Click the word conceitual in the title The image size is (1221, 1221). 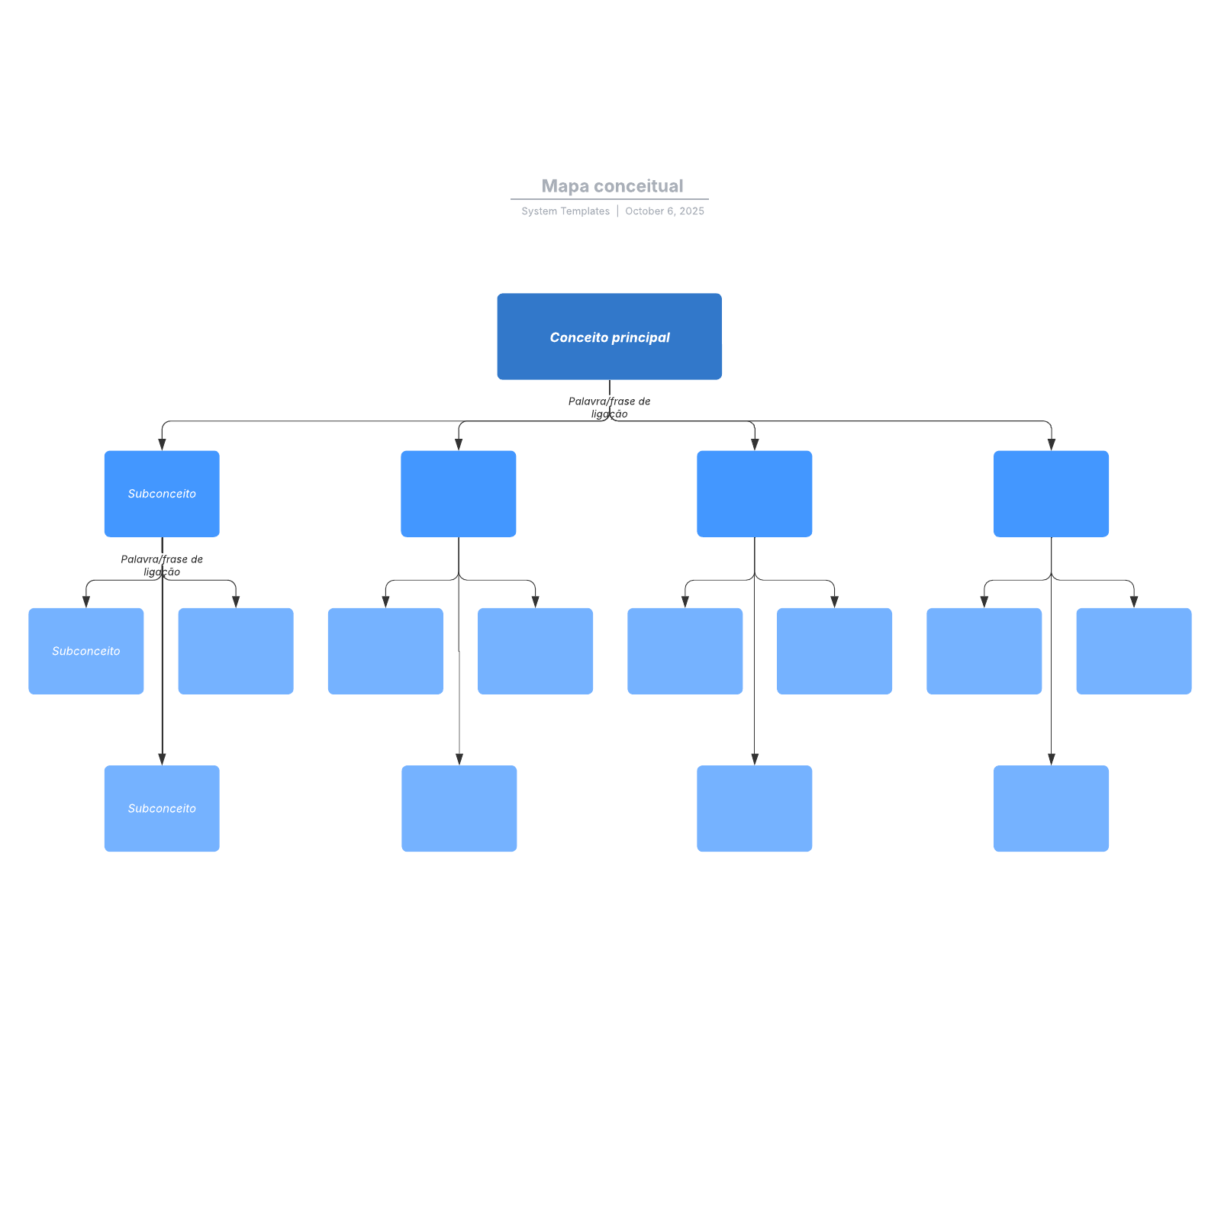coord(638,186)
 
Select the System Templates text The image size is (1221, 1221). coord(565,211)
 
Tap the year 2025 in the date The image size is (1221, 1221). coord(692,211)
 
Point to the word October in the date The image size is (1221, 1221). coord(644,211)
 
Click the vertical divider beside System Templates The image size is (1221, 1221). coord(617,211)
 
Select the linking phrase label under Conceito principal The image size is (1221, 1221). coord(609,408)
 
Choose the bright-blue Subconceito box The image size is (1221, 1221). coord(162,494)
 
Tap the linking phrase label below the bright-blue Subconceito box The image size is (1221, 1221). coord(162,565)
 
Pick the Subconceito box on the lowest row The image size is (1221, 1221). coord(162,808)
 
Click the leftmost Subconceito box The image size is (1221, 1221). coord(85,651)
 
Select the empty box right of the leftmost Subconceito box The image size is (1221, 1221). coord(236,651)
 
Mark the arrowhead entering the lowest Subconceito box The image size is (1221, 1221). coord(162,759)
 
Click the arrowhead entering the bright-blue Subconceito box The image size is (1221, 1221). coord(162,445)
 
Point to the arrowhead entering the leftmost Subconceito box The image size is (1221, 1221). coord(86,602)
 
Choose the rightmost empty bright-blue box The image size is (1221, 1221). coord(1051,494)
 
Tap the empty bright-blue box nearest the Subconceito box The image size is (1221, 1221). coord(458,494)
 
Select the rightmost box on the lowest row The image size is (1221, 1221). coord(1051,808)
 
